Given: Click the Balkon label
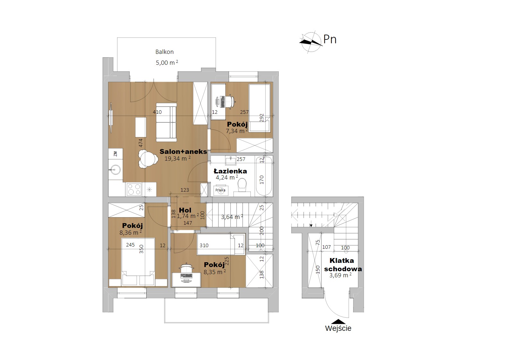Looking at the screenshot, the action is (165, 52).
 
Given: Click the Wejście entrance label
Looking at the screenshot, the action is (338, 329).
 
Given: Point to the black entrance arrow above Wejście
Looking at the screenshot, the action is (338, 322).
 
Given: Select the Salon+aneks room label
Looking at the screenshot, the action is (183, 152).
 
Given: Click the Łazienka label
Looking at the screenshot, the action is (230, 171).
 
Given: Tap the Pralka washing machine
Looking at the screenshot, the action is (220, 190).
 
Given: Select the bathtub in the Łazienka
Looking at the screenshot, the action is (264, 176).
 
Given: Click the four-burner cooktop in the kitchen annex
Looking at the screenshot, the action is (134, 189).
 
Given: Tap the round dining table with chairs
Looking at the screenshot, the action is (148, 160).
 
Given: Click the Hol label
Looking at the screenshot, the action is (185, 210).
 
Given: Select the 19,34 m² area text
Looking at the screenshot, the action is (177, 159).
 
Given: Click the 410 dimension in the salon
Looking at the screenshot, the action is (157, 112).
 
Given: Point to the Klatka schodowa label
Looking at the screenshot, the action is (343, 264).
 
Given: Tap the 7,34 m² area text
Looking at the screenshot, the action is (237, 131).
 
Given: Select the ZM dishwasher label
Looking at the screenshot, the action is (115, 154).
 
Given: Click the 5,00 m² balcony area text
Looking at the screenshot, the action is (167, 63).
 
